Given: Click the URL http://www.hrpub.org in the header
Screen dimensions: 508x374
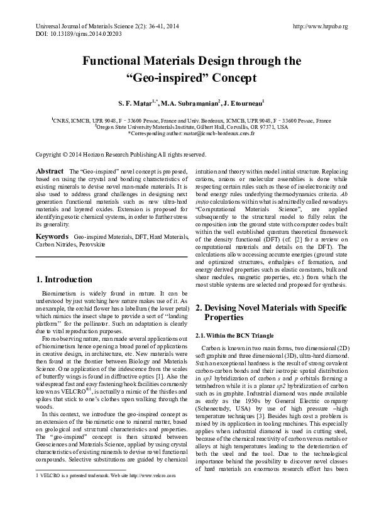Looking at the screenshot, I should [321, 26].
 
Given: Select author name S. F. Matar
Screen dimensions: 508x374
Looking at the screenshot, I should [135, 102].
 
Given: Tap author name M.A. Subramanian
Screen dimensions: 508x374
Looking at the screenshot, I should [189, 102].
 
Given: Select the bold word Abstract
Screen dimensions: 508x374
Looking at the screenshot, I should [50, 171].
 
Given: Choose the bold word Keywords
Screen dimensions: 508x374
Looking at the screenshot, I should [53, 236].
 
